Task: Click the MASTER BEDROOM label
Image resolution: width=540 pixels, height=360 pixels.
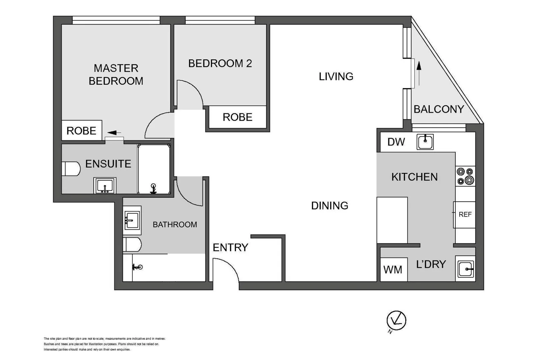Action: point(116,75)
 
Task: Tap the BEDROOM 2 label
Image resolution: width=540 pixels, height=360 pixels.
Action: point(220,63)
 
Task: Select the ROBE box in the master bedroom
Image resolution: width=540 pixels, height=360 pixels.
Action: point(82,130)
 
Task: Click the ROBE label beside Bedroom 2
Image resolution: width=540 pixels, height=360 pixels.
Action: point(237,117)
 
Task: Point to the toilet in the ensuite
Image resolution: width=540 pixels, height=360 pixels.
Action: point(71,169)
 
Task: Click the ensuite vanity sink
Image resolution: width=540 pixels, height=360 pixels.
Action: point(105,185)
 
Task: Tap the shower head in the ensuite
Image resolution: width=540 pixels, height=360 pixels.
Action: point(153,188)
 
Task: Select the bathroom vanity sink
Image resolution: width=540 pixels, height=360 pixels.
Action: point(132,220)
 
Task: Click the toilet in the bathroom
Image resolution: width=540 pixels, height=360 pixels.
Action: point(132,245)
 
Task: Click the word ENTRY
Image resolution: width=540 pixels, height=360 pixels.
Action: point(230,247)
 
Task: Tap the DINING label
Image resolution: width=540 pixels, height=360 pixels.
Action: point(329,206)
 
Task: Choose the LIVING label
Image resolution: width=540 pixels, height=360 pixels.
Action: point(336,76)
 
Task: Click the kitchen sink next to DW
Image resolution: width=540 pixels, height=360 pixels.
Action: point(425,142)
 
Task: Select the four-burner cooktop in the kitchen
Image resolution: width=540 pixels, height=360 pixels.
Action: point(465,176)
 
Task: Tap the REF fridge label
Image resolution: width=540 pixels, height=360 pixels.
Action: point(465,214)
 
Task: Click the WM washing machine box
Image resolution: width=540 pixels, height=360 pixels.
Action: point(393,269)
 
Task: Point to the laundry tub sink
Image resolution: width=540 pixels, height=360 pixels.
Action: point(465,269)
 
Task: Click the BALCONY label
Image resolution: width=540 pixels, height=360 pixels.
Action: point(438,109)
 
